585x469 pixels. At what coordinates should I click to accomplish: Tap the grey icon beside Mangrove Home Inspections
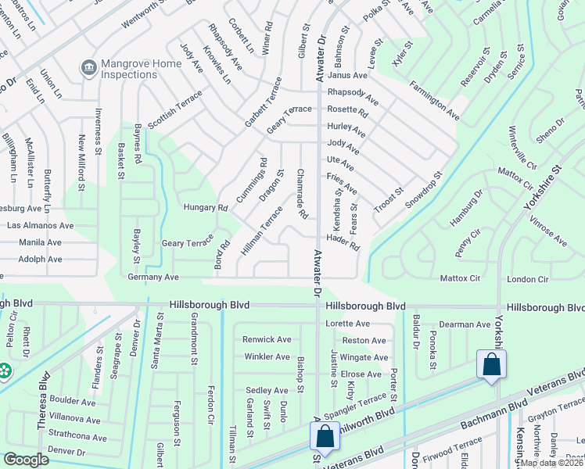(x=88, y=69)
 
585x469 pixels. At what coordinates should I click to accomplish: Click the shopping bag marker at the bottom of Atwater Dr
(x=325, y=436)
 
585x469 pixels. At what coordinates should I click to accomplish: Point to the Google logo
(x=26, y=460)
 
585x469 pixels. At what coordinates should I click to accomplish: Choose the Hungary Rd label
(x=205, y=208)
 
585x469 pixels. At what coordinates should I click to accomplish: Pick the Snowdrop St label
(x=423, y=190)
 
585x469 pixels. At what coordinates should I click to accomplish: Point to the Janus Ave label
(x=347, y=75)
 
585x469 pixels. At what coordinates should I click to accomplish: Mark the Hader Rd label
(x=343, y=242)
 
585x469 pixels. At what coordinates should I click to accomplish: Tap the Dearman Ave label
(x=465, y=324)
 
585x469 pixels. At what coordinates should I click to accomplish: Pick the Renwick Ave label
(x=267, y=339)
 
